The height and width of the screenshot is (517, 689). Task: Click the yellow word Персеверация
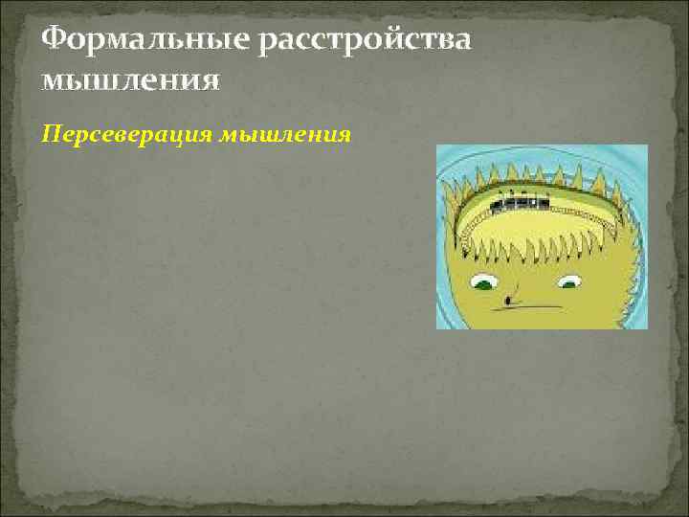click(x=128, y=135)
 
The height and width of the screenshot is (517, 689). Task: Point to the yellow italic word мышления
click(x=285, y=135)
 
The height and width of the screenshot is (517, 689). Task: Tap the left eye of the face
click(x=483, y=281)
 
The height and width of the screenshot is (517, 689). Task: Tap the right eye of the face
click(x=569, y=281)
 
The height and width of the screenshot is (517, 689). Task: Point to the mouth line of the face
click(x=536, y=306)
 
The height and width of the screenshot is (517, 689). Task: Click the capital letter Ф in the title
click(x=56, y=39)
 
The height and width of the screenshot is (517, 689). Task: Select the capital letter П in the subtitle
click(x=52, y=135)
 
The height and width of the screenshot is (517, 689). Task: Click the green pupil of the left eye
click(x=484, y=284)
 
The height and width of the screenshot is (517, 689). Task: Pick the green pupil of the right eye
click(x=570, y=283)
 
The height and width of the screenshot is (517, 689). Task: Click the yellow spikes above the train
click(x=522, y=172)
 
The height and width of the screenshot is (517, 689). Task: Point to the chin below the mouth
click(x=536, y=321)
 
